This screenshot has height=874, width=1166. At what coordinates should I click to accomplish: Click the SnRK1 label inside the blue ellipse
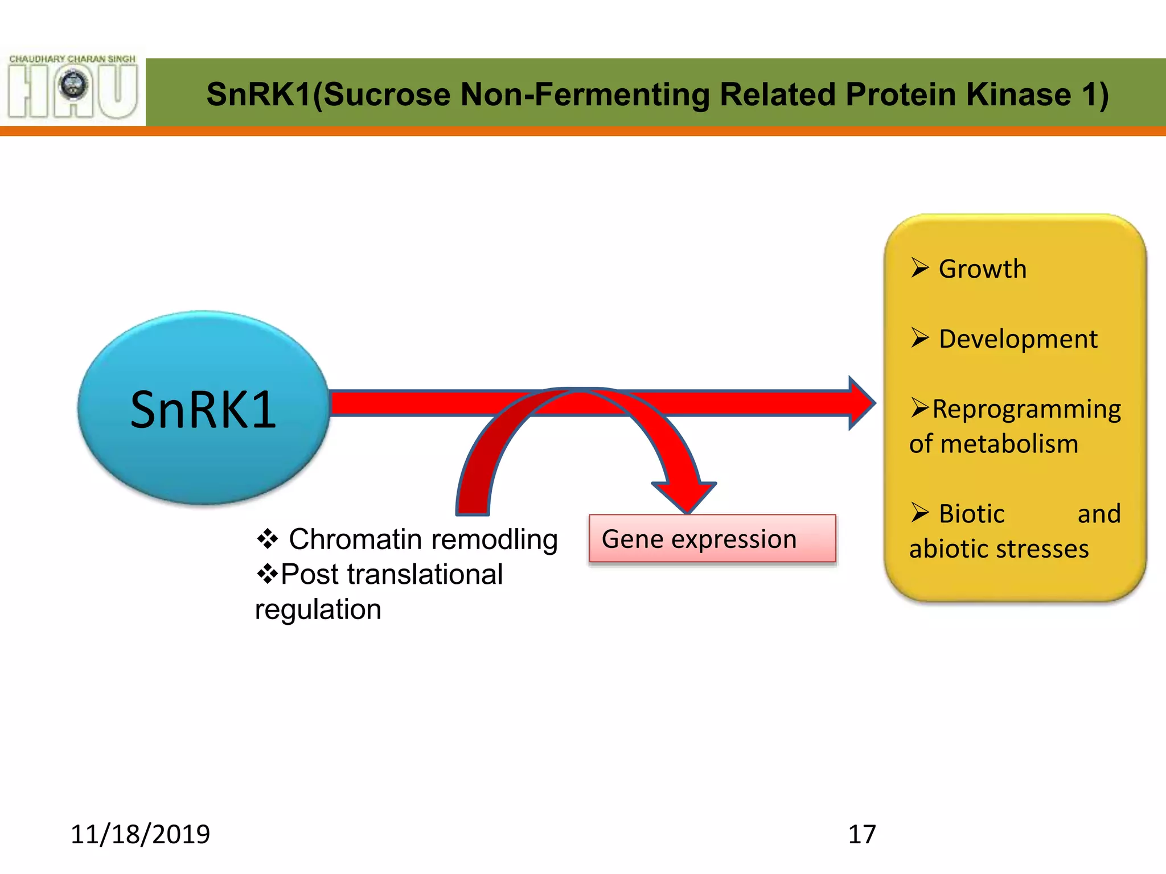pos(203,409)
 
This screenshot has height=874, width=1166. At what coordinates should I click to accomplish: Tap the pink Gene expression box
pos(712,539)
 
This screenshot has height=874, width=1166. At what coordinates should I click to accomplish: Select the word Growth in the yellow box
pos(983,269)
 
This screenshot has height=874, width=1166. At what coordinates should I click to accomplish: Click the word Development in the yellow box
pos(1018,339)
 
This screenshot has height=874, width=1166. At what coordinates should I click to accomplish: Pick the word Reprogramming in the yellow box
pos(1027,409)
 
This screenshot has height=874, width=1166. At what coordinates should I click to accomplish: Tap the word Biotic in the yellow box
pos(971,514)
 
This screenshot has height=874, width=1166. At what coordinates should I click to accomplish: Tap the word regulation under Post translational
pos(318,609)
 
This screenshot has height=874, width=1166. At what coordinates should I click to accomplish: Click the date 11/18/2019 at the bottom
pos(140,834)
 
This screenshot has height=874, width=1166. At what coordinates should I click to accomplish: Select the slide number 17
pos(862,834)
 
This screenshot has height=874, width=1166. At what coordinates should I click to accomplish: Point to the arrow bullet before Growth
pos(919,267)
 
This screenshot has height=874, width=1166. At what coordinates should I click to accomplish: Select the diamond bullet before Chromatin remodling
pos(267,538)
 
